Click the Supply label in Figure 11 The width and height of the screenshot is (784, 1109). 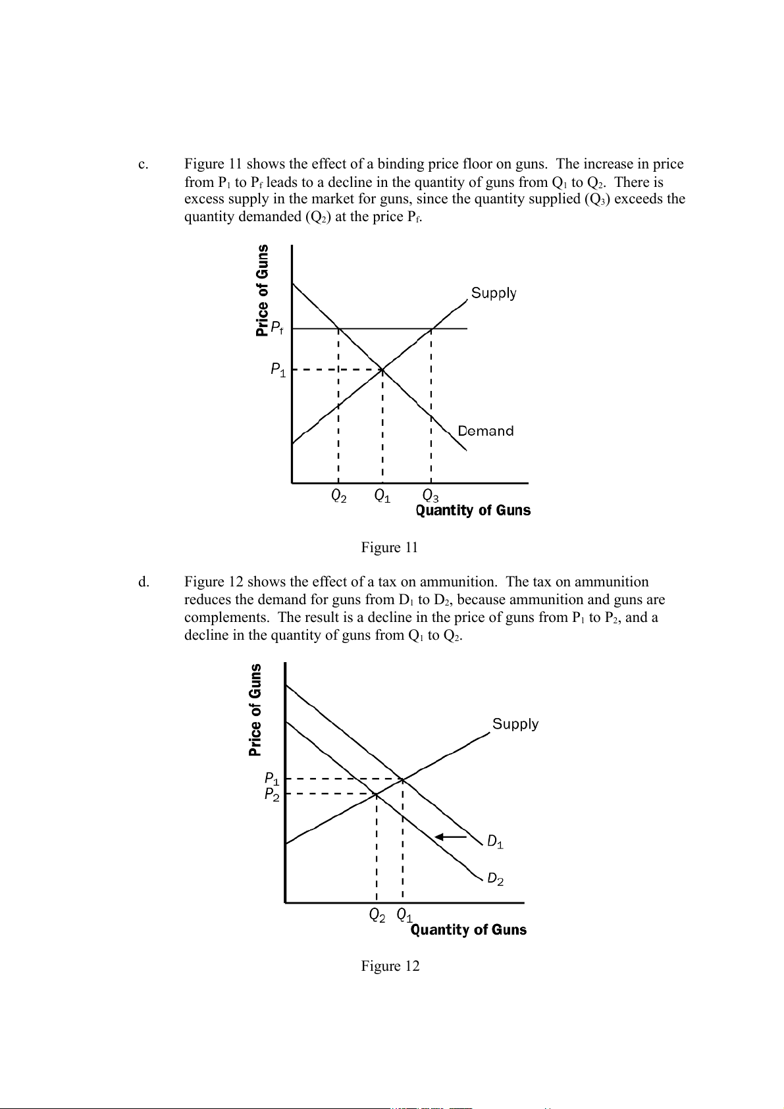click(494, 293)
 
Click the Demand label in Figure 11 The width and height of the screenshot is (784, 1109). click(485, 431)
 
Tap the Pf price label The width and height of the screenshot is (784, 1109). click(277, 328)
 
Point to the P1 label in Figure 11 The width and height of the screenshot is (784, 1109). click(278, 370)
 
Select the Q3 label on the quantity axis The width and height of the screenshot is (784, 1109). click(431, 496)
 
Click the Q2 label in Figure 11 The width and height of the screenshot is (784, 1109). click(338, 496)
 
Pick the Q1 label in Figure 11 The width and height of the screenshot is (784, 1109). click(382, 496)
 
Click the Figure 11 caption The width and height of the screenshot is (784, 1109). click(389, 548)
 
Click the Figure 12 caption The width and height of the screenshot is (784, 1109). click(390, 966)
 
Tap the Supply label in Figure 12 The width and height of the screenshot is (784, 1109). click(515, 724)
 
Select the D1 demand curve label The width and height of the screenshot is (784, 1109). click(495, 842)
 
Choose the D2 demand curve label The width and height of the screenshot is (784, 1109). click(495, 879)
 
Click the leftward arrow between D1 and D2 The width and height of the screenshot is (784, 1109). click(451, 837)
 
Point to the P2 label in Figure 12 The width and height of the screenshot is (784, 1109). click(272, 795)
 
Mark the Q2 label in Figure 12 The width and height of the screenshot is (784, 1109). click(377, 915)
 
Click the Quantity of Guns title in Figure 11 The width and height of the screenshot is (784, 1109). click(473, 511)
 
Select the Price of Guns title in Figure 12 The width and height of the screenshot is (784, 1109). click(255, 709)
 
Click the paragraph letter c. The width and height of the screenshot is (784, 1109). click(142, 165)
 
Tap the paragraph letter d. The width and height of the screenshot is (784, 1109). click(143, 582)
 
